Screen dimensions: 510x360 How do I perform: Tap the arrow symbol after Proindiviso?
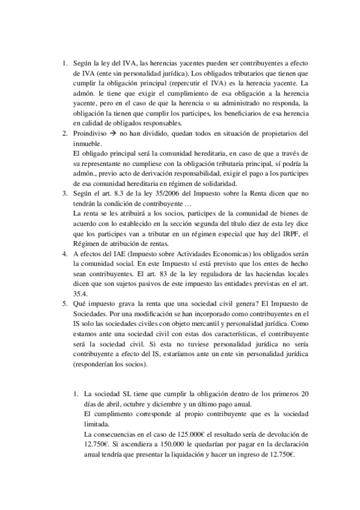pyautogui.click(x=120, y=133)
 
